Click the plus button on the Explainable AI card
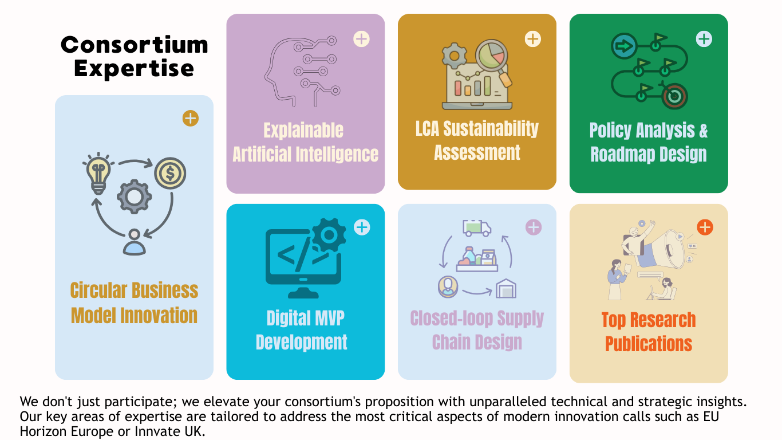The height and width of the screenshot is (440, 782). (361, 39)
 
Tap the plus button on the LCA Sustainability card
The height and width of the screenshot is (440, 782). (533, 39)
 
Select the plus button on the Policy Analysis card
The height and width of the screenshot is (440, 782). (704, 39)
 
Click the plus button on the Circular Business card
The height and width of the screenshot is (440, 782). (190, 119)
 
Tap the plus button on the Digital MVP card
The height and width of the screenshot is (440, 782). (362, 227)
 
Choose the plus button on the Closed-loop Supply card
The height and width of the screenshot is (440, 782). (534, 227)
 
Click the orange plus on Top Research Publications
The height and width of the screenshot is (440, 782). (705, 227)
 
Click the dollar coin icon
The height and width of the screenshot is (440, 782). (170, 174)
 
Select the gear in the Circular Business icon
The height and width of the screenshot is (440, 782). (134, 197)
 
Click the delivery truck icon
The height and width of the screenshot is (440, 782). (477, 228)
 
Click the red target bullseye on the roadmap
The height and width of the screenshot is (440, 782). (675, 96)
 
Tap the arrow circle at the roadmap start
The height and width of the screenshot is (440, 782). (624, 46)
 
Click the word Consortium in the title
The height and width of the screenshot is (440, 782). (135, 45)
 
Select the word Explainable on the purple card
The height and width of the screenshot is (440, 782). (303, 131)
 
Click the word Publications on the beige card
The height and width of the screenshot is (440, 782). (648, 344)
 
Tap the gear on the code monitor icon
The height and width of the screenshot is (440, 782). (329, 235)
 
